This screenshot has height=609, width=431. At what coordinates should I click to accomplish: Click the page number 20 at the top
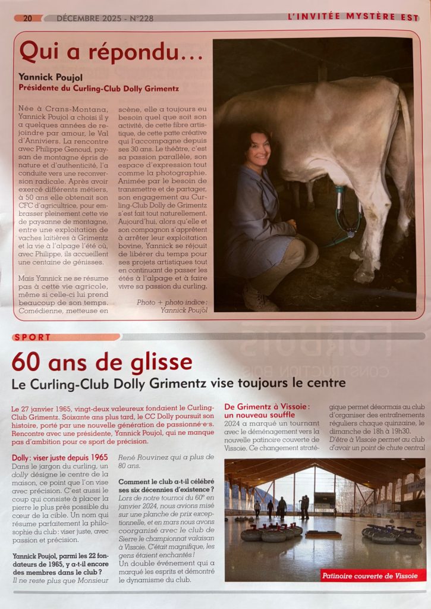[x=27, y=18]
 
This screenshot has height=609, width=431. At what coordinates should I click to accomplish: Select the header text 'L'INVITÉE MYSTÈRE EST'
[x=353, y=18]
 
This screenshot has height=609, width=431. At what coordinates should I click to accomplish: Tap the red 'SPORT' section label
[x=32, y=337]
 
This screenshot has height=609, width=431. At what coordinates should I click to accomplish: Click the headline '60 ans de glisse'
[x=102, y=362]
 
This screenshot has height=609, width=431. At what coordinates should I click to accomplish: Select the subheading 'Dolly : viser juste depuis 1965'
[x=60, y=457]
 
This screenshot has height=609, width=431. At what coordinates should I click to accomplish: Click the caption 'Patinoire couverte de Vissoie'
[x=373, y=575]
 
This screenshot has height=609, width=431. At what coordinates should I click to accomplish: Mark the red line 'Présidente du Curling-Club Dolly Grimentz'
[x=99, y=88]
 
